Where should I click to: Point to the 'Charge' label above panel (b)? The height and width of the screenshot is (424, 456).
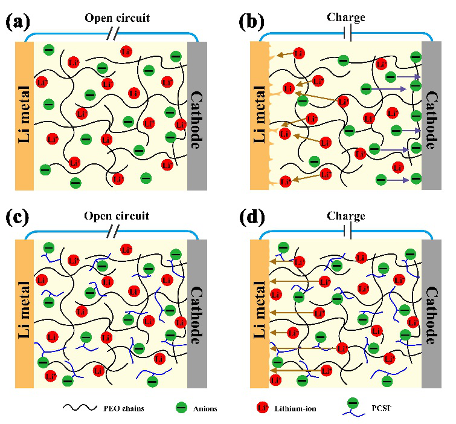tap(346, 17)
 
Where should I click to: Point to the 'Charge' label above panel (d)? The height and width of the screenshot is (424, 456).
tap(346, 215)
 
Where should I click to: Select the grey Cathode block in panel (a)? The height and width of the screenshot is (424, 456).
tap(197, 115)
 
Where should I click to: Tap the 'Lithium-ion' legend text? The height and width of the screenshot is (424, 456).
tap(295, 408)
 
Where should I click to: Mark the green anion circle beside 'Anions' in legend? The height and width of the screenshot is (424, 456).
tap(179, 408)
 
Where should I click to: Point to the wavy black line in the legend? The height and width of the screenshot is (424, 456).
tap(83, 408)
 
